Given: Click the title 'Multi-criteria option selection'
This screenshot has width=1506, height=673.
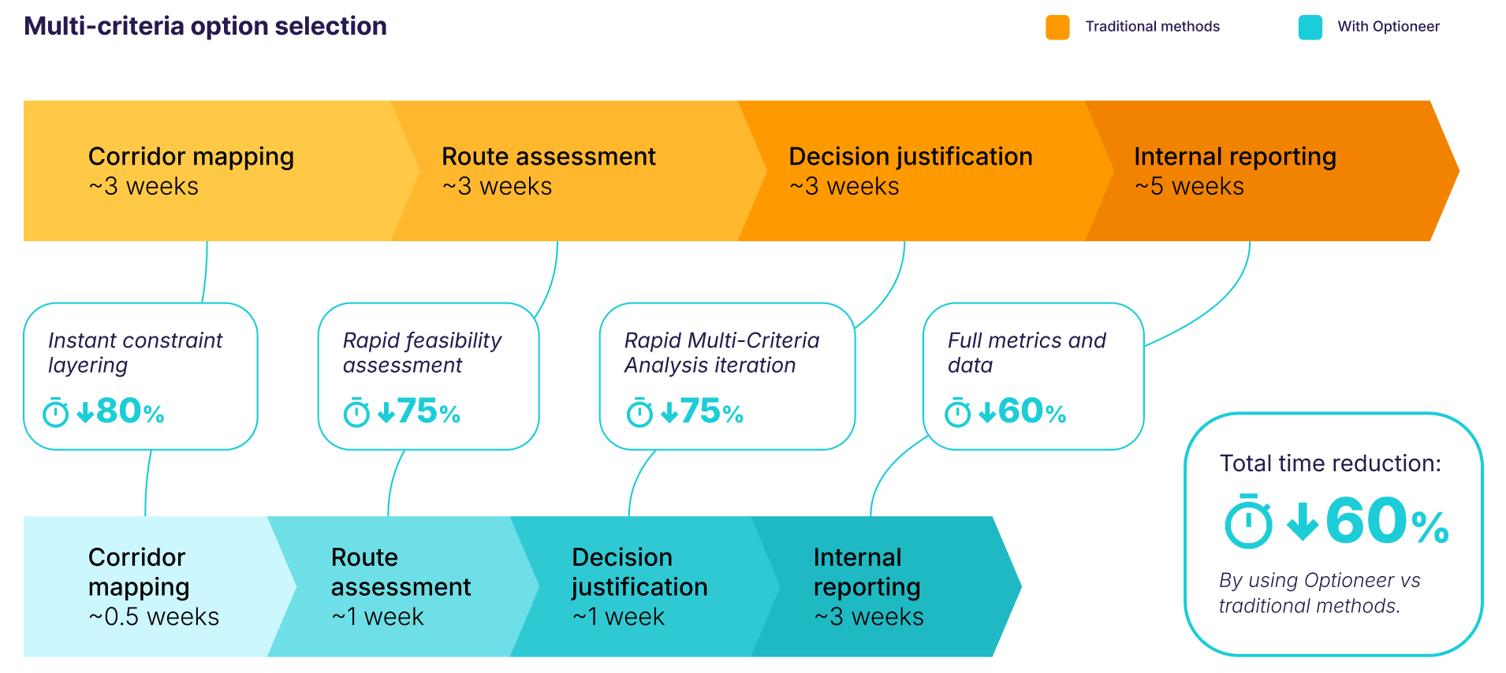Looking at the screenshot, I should coord(205,26).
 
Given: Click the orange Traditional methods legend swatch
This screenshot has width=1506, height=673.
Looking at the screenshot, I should coord(1057,27).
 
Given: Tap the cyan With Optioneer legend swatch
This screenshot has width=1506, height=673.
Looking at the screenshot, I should coord(1310,27).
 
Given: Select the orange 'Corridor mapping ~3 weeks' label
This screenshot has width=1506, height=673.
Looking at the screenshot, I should coord(191,170).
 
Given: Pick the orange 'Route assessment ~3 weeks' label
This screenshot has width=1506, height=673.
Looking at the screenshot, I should coord(548,170).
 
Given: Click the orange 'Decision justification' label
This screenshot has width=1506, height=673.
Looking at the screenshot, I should coord(910,157).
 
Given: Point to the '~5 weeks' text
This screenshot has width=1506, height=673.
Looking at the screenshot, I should coord(1189,187).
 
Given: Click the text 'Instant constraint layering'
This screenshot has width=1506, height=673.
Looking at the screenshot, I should coord(135,352).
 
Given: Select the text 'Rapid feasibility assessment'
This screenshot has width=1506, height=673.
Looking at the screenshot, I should coord(422,352).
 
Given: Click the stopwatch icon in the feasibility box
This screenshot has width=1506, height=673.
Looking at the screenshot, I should coord(356,412).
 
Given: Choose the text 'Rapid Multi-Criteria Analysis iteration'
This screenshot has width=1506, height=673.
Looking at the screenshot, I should coord(721,352).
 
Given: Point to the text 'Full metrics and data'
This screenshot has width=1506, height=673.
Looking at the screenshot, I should coord(1026,352).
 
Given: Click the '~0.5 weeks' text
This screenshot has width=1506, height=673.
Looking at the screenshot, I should coord(154,617).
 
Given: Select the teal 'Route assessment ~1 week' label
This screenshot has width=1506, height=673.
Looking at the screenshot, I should coord(401,587).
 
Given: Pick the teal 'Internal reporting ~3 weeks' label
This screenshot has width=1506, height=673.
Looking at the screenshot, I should coord(867,587).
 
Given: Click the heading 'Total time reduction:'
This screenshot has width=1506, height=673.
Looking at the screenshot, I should coord(1330,463).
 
